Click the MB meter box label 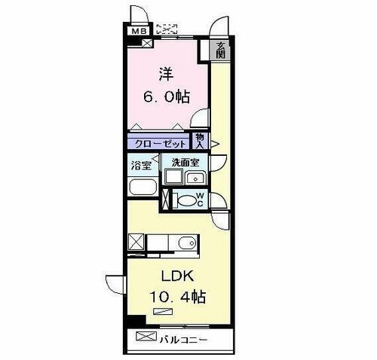[137, 31]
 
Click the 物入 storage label [199, 139]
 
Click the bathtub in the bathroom [142, 188]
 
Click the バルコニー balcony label [182, 339]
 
